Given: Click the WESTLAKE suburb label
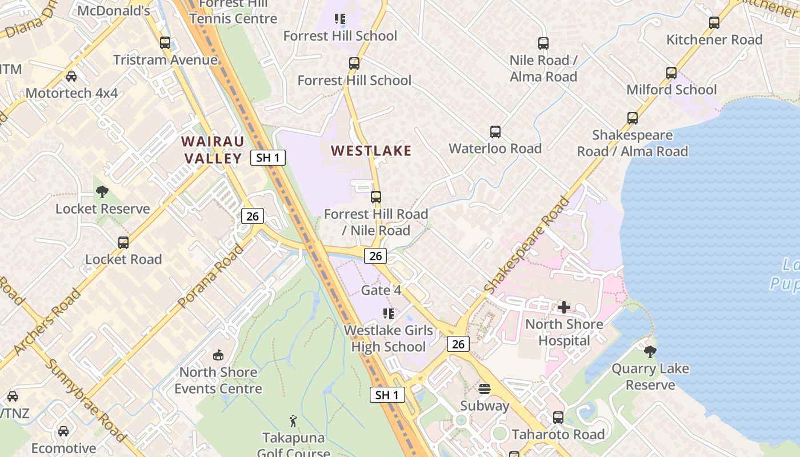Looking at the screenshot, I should click(x=371, y=151).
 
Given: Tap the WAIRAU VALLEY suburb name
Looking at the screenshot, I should click(x=213, y=150).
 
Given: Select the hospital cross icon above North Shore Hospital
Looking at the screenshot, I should click(x=564, y=308).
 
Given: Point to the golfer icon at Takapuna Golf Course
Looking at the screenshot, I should click(x=293, y=422).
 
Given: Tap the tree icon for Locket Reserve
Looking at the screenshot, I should click(x=102, y=192).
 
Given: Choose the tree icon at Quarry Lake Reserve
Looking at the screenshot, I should click(x=650, y=352).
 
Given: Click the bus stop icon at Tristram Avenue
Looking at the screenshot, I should click(x=165, y=43).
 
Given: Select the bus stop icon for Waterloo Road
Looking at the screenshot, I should click(x=495, y=132).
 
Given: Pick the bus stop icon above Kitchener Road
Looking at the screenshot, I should click(x=714, y=23).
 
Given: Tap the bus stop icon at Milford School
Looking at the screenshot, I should click(x=671, y=73).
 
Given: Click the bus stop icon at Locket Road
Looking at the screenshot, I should click(x=123, y=243).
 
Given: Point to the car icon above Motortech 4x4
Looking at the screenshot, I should click(x=71, y=77).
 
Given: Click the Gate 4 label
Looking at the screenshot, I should click(x=381, y=290).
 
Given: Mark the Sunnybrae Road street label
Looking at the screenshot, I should click(x=86, y=400).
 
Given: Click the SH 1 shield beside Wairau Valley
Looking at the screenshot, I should click(x=268, y=158).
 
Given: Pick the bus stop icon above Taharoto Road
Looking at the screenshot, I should click(x=558, y=418).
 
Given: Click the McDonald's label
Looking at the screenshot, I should click(x=114, y=11).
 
